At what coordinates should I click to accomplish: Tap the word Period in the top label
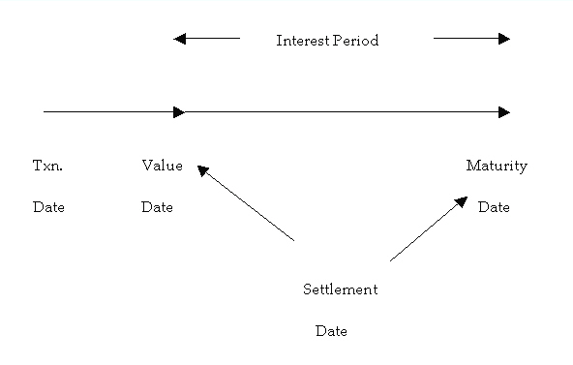pyautogui.click(x=355, y=41)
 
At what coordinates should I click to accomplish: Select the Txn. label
pyautogui.click(x=47, y=166)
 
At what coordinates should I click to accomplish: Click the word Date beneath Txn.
pyautogui.click(x=48, y=207)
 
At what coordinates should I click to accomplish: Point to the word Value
pyautogui.click(x=162, y=166)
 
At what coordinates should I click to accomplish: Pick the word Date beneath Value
pyautogui.click(x=157, y=207)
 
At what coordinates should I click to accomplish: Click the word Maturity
pyautogui.click(x=497, y=166)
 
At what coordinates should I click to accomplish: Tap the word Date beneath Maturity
pyautogui.click(x=494, y=207)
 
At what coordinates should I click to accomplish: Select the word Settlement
pyautogui.click(x=340, y=289)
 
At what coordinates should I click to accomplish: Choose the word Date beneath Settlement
pyautogui.click(x=331, y=331)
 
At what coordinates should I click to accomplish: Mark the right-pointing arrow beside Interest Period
pyautogui.click(x=471, y=39)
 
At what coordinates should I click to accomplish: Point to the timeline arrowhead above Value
pyautogui.click(x=179, y=112)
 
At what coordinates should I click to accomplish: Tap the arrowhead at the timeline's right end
pyautogui.click(x=504, y=112)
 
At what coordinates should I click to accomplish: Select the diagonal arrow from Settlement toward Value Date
pyautogui.click(x=246, y=202)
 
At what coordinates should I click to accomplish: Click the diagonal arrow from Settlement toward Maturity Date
pyautogui.click(x=429, y=228)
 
